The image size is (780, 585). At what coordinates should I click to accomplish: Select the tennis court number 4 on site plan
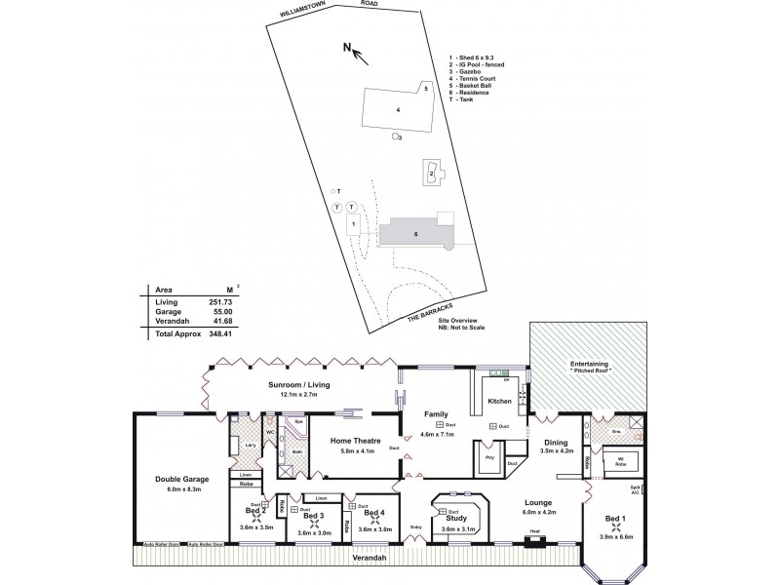point(398,110)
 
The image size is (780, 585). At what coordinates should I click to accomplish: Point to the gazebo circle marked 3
point(395,137)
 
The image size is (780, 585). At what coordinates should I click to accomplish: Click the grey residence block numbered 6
point(415,234)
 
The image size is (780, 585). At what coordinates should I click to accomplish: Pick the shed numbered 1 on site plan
point(353,223)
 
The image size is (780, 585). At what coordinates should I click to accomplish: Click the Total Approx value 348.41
point(213,333)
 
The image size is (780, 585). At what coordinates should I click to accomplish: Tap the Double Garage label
point(181,479)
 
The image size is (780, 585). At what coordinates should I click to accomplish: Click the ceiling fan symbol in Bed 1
point(615,528)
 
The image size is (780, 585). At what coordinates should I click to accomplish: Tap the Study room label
point(456,519)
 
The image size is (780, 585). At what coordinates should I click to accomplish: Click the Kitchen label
point(499,401)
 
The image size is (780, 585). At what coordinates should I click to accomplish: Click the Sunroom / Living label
point(298,385)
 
